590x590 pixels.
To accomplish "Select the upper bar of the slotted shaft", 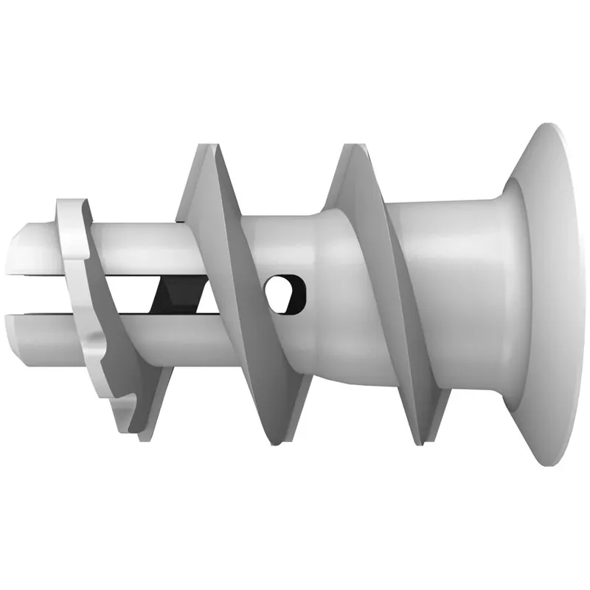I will [133, 243].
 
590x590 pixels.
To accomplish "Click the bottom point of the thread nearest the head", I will [420, 442].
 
